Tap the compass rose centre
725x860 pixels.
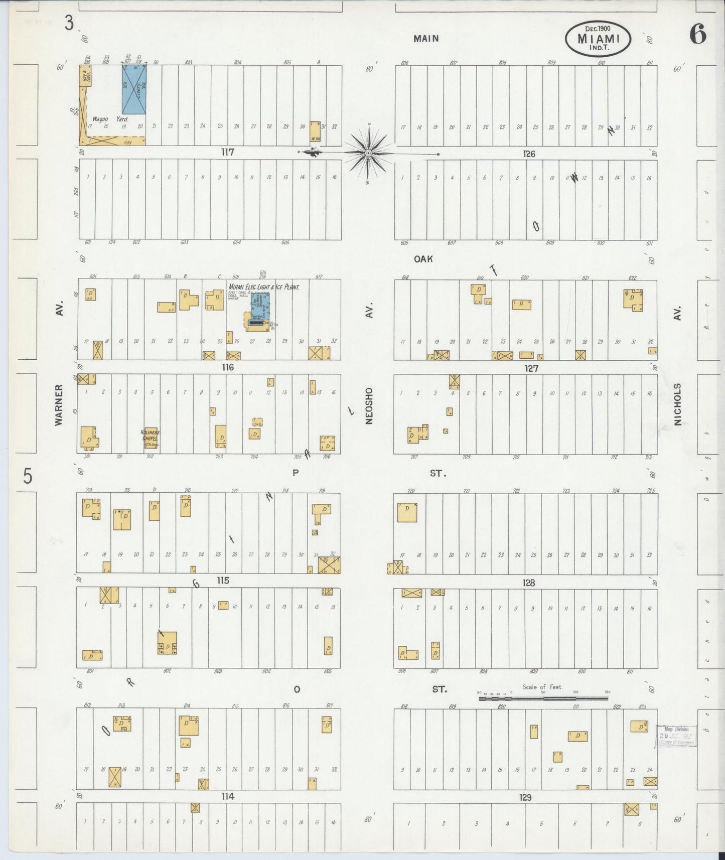369,153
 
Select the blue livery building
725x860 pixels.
134,90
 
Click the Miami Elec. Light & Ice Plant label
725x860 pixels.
264,287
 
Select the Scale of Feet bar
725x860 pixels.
544,698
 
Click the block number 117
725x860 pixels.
228,152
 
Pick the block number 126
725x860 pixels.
529,154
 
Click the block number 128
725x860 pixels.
529,583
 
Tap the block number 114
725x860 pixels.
227,796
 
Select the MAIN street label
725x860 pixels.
426,38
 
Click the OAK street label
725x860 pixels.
423,259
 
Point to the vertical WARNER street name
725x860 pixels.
59,405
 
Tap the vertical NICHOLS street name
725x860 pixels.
677,404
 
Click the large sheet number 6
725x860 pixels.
697,34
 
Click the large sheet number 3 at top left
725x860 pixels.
69,23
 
